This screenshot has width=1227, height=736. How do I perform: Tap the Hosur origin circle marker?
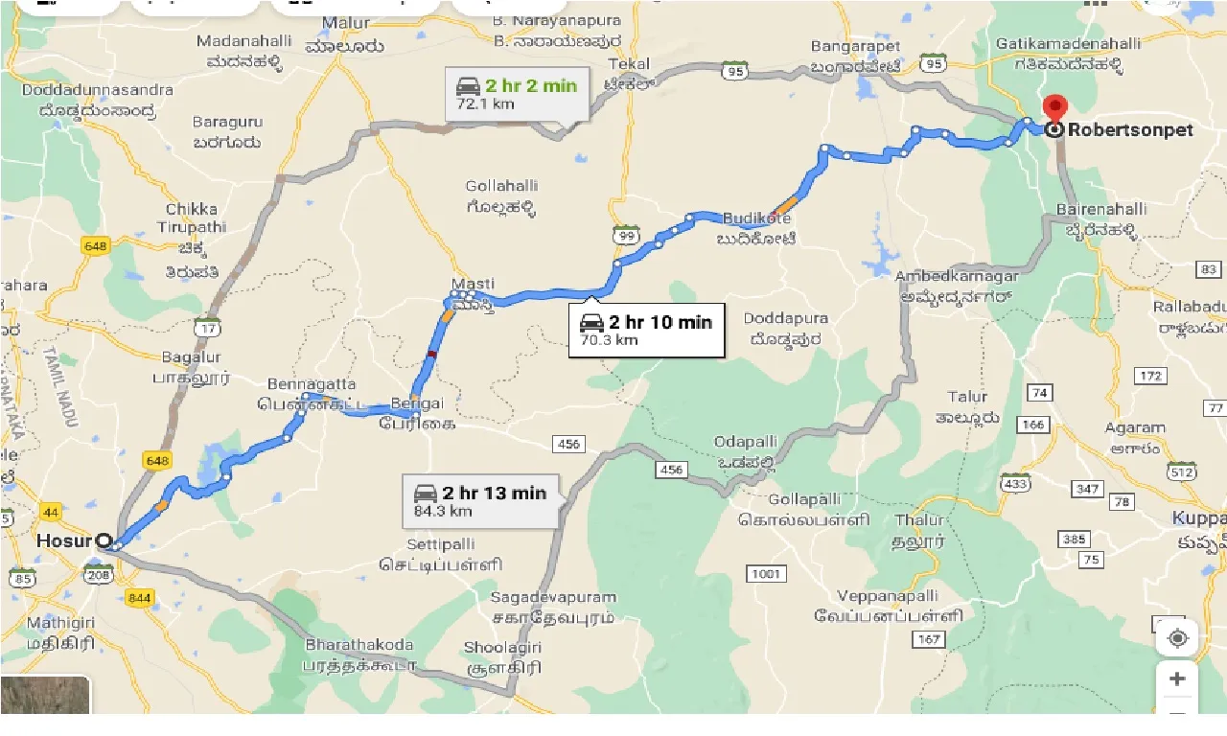click(103, 540)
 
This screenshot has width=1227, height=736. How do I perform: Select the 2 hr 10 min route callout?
click(646, 330)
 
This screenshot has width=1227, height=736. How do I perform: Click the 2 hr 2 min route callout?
click(516, 93)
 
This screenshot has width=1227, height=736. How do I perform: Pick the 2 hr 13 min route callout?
click(480, 501)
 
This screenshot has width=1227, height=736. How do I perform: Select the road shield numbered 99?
click(626, 236)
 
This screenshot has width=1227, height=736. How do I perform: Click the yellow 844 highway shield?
click(138, 597)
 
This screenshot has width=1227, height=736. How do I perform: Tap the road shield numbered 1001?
click(766, 573)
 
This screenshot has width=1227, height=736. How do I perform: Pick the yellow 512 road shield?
click(1181, 471)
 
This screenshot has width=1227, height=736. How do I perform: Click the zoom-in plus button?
click(1177, 679)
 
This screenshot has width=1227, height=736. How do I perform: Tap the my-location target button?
click(1177, 637)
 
